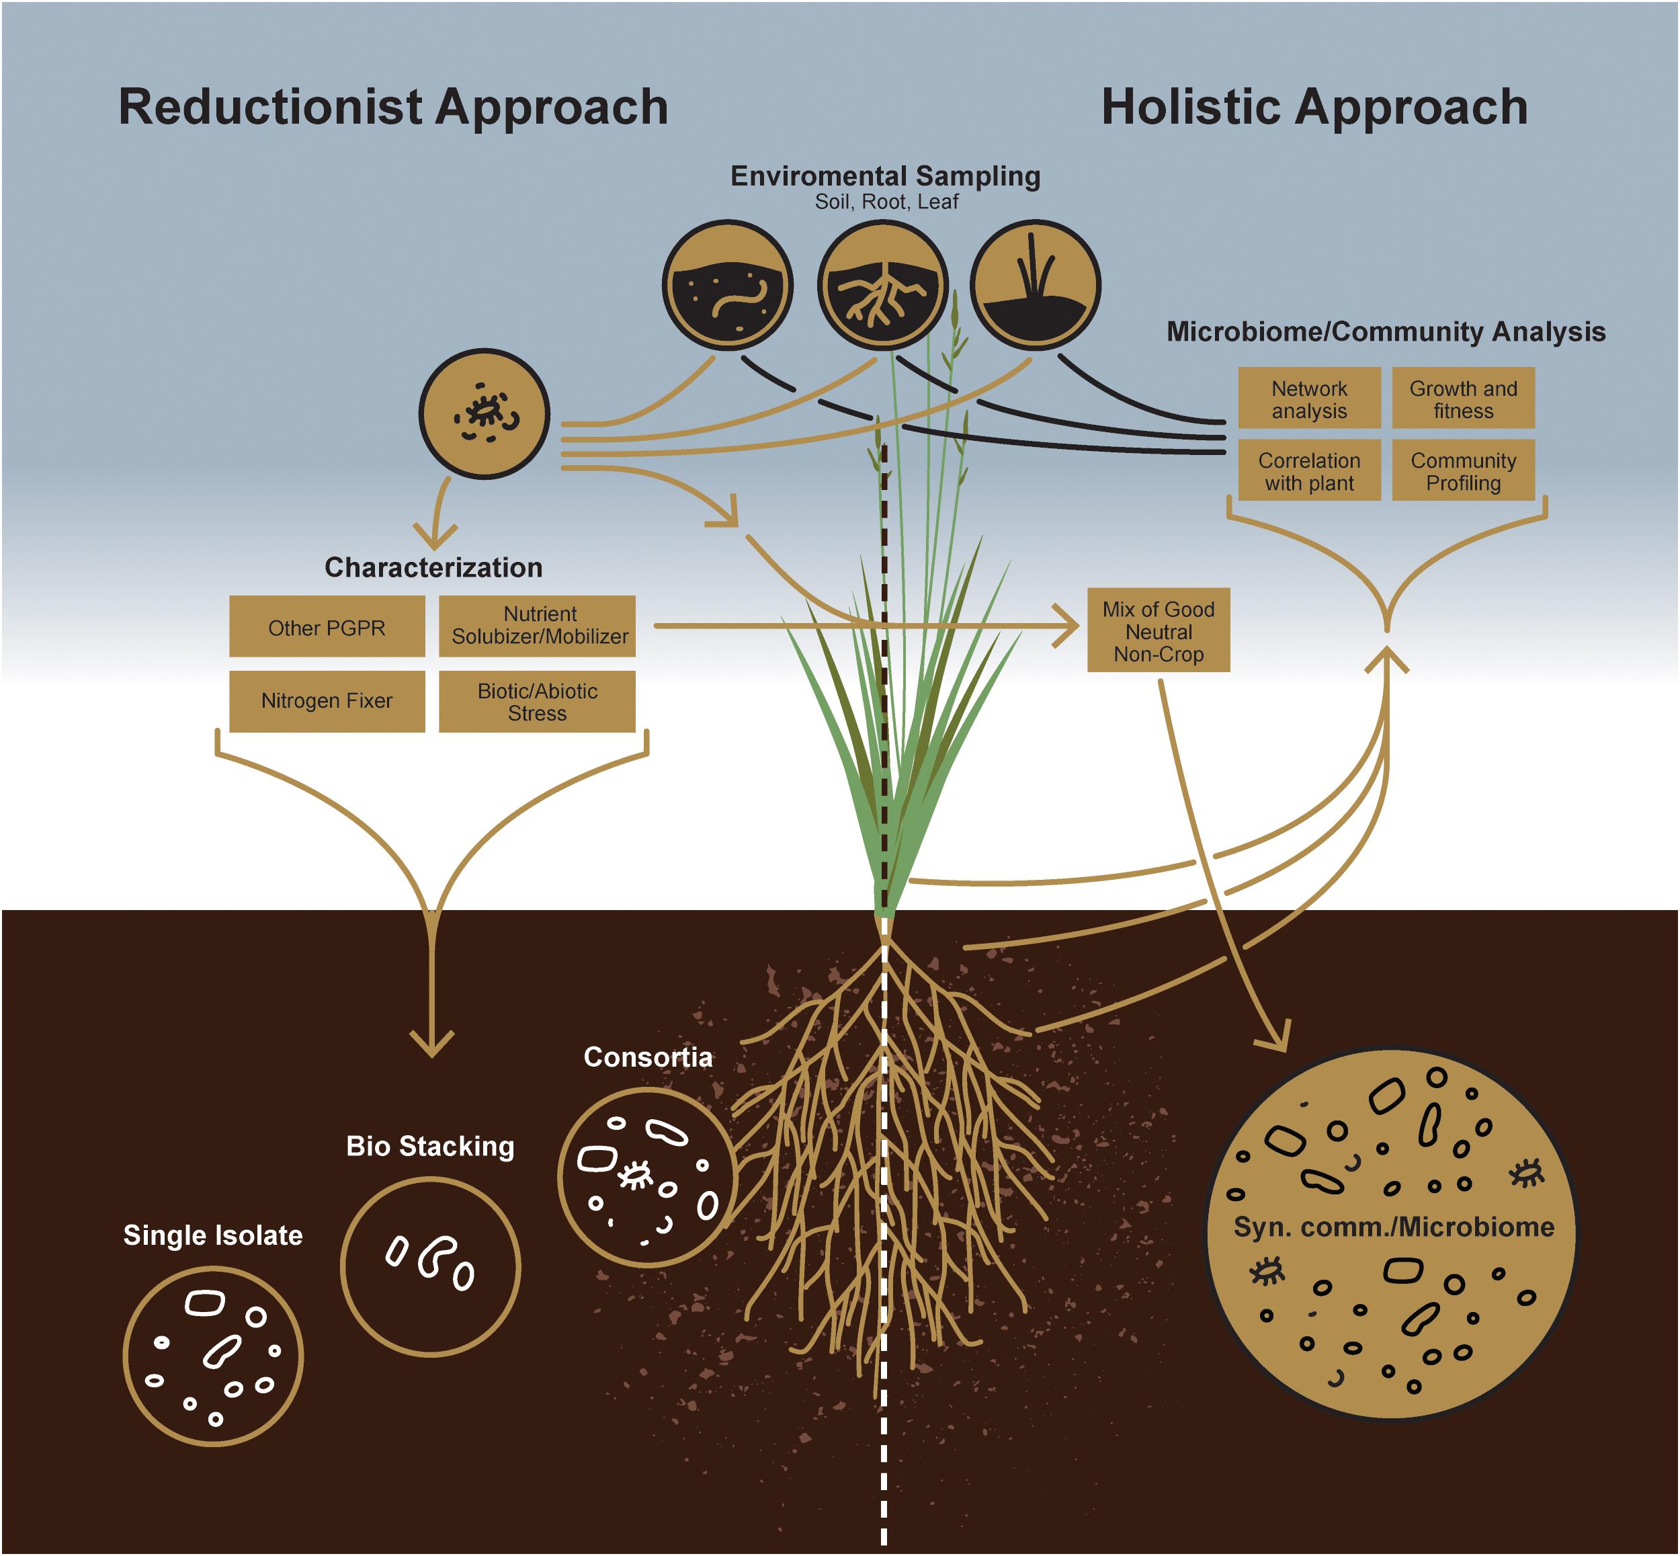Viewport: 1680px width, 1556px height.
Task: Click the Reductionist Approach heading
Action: [x=393, y=108]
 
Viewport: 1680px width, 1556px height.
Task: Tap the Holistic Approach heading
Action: [x=1314, y=108]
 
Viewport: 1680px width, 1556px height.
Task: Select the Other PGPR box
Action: [x=327, y=626]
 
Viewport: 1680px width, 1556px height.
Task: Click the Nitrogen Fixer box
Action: [x=327, y=700]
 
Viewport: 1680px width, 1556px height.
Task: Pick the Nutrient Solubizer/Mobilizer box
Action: [x=537, y=626]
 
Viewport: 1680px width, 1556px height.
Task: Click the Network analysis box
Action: [x=1309, y=399]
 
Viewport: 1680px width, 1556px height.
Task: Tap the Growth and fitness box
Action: [x=1463, y=399]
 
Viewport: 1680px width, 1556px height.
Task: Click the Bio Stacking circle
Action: [x=430, y=1266]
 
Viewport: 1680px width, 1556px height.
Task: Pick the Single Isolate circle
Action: [x=213, y=1356]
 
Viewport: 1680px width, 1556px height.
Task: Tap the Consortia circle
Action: [x=646, y=1177]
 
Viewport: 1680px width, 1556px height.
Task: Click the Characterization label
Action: [x=433, y=567]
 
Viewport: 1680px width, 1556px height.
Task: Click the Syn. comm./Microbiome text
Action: [x=1393, y=1227]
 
